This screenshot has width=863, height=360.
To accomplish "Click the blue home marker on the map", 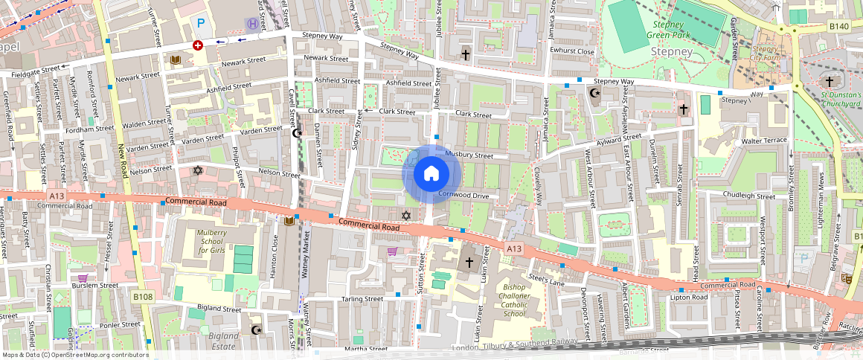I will click(431, 174).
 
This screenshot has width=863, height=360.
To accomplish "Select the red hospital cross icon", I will click(197, 45).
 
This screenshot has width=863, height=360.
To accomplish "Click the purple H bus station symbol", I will click(253, 23).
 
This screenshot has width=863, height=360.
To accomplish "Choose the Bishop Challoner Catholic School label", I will click(524, 300).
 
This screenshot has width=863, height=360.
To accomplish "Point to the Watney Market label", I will click(306, 254).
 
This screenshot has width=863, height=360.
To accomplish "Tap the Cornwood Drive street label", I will click(463, 195).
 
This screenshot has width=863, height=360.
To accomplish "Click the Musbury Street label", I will click(469, 155).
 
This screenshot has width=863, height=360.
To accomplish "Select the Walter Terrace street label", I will click(760, 141).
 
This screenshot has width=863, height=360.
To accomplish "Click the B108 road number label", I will click(143, 297).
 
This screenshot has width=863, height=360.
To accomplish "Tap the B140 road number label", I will click(838, 27).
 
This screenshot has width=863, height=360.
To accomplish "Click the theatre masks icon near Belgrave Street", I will click(846, 278).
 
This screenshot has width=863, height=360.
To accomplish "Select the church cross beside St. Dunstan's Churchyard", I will click(830, 80).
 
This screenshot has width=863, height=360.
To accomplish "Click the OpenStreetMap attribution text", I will click(76, 355).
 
